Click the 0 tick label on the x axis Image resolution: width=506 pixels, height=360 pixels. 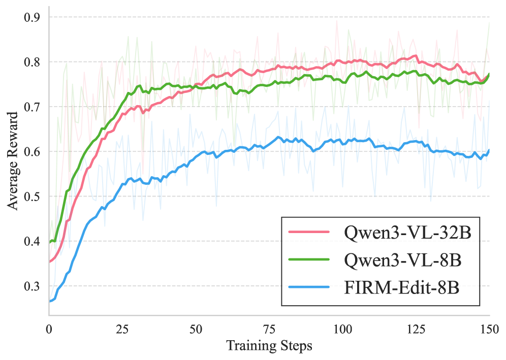pos(49,329)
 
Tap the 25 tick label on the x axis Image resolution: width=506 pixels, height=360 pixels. pos(122,329)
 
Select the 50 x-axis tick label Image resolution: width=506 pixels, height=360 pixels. pos(196,329)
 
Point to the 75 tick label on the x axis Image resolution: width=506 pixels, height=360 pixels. pos(269,329)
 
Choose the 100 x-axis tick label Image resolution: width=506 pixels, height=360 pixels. pos(342,329)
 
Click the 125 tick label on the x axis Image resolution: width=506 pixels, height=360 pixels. pos(416,329)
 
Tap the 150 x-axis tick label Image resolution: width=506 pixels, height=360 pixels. pos(489,329)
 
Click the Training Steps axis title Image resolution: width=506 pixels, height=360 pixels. pos(269,347)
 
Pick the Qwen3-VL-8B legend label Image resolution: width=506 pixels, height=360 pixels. pos(399,260)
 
